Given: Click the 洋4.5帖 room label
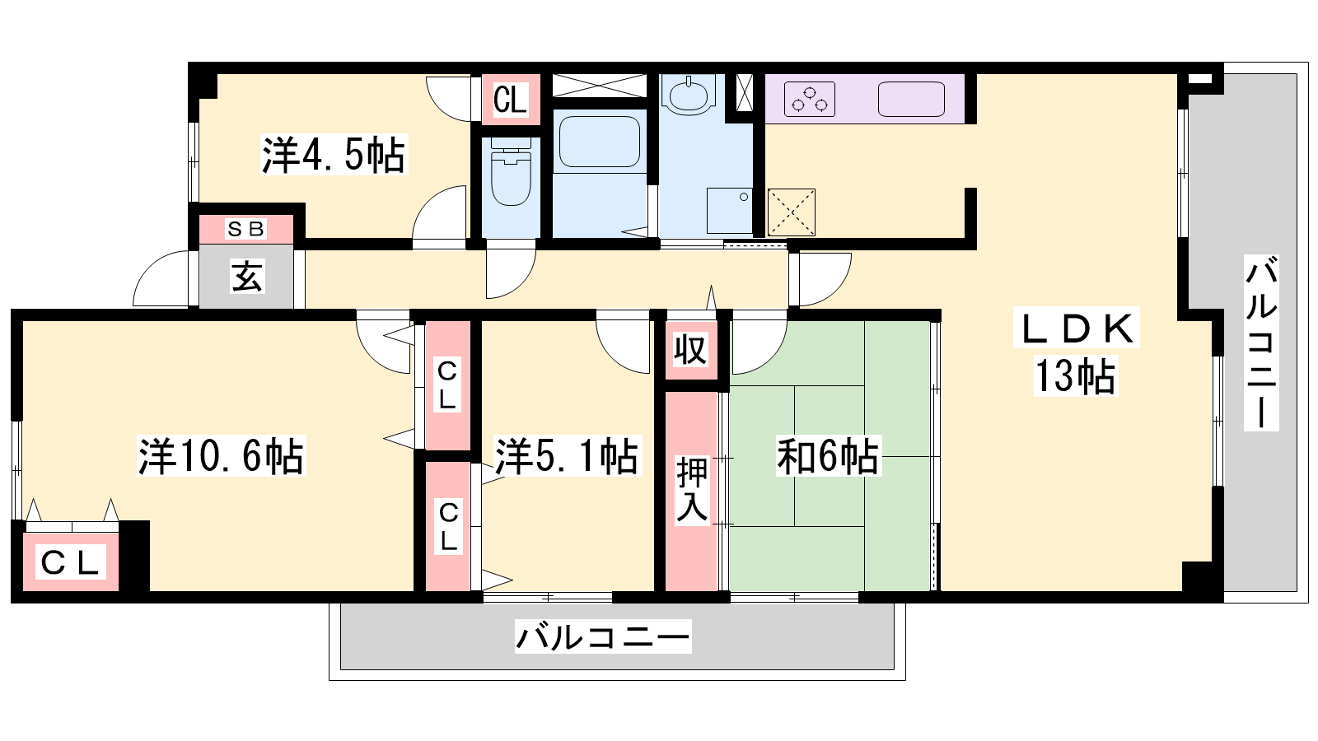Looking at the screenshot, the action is click(334, 156).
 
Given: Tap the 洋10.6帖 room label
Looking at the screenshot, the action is click(222, 456).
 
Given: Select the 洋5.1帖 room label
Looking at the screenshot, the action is click(567, 456).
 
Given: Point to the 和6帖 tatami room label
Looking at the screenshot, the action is click(828, 456).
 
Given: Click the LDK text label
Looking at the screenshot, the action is click(1077, 329).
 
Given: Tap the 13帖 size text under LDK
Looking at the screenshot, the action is click(1076, 376).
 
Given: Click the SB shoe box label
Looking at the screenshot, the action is click(246, 229).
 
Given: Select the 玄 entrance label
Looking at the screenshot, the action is click(247, 277).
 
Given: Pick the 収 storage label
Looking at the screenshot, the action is click(690, 351).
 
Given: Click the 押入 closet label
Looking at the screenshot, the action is click(691, 490).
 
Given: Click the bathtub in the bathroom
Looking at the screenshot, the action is click(600, 142).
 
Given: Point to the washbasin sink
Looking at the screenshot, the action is click(689, 94).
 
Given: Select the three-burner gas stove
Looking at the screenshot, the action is click(810, 99).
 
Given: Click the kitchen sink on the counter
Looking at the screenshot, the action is click(911, 99).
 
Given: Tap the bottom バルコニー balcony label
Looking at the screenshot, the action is click(602, 636).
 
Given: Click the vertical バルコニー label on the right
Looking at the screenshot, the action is click(1261, 343).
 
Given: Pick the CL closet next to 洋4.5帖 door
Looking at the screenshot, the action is click(510, 100).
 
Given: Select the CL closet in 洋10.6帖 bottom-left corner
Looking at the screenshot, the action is click(71, 562).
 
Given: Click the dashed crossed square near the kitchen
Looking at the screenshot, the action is click(792, 212).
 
